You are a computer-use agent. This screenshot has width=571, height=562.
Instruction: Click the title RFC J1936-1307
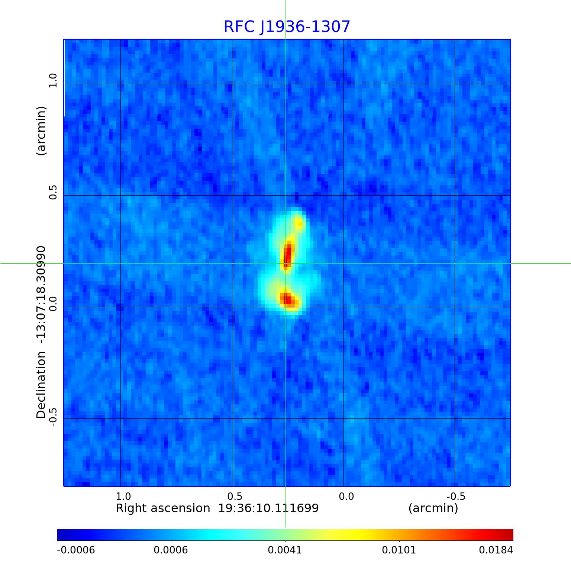tap(287, 27)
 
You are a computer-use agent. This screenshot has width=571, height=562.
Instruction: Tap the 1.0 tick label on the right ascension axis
tap(123, 497)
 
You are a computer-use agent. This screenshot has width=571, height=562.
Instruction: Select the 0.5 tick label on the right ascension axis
tap(235, 497)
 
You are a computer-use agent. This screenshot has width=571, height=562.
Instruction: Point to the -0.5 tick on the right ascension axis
tap(456, 497)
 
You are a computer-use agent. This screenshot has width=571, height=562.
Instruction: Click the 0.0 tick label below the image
tap(346, 497)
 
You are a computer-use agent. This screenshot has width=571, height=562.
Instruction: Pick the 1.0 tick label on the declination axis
tap(53, 81)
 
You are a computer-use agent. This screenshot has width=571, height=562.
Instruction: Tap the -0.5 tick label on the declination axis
tap(53, 417)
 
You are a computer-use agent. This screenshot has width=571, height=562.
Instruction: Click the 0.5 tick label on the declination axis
tap(53, 192)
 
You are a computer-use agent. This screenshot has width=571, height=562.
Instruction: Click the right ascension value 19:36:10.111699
tap(268, 508)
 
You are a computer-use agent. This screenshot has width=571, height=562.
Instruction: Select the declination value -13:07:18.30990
tap(41, 295)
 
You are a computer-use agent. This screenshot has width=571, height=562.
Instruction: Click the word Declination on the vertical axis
tap(41, 385)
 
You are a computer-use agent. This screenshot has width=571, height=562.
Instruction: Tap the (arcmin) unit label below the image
tap(433, 508)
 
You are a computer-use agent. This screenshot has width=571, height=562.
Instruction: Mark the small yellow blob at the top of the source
tap(299, 223)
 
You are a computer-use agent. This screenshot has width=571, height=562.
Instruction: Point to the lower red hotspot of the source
tap(288, 299)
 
